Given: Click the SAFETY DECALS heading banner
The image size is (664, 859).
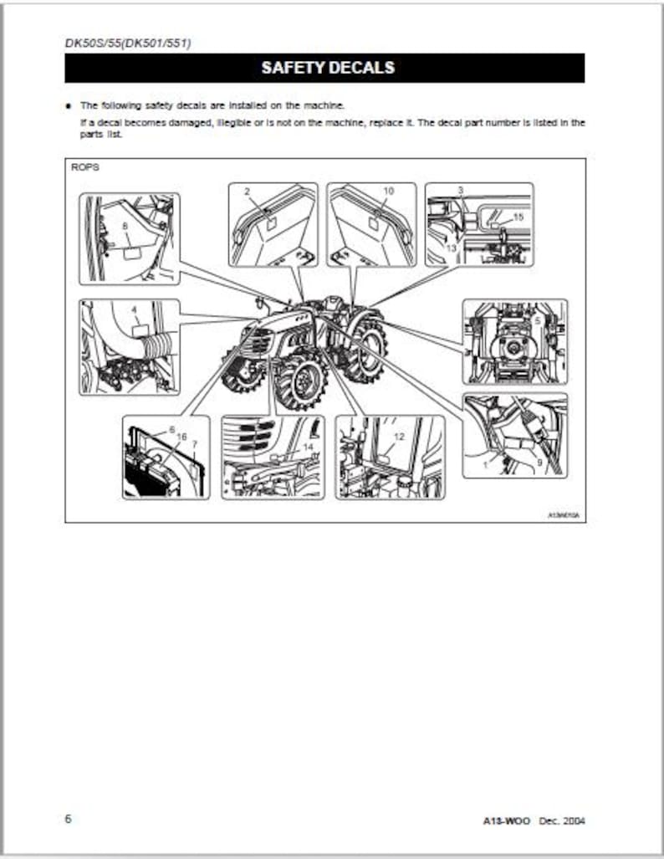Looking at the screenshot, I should (325, 68).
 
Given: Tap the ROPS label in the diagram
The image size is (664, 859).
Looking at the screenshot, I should (85, 167).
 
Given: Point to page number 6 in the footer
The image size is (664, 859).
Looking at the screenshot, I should (69, 818).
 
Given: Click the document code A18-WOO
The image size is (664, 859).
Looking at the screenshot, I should (507, 820).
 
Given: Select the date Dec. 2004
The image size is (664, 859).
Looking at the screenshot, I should (561, 820).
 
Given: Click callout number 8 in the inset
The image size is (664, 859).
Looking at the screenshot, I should (125, 226).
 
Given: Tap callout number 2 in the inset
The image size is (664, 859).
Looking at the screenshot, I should (248, 192).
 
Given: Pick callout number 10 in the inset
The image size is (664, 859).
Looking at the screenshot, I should (388, 192).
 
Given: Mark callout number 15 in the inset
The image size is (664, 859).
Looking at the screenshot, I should (518, 217).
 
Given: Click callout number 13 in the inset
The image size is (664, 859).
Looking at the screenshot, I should (451, 248).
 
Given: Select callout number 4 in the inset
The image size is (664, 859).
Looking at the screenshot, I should (134, 309).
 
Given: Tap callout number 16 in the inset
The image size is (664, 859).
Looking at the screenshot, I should (181, 437).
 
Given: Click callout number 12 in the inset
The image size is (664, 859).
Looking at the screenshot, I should (398, 437).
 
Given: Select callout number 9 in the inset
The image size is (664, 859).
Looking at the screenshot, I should (539, 461).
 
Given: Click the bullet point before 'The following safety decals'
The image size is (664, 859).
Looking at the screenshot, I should (69, 106).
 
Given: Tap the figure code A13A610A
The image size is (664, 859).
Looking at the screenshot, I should (563, 515).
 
